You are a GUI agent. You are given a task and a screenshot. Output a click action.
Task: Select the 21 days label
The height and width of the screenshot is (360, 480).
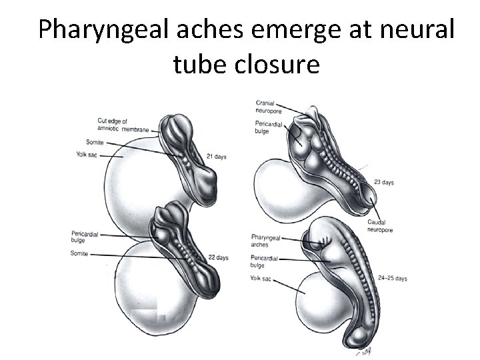(216, 157)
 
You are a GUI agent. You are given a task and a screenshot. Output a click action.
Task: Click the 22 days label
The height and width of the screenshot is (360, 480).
(218, 258)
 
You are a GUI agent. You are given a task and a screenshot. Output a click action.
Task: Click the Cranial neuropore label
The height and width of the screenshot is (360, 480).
(269, 107)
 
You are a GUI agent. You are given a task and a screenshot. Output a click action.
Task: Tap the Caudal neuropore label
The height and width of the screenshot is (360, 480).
(379, 226)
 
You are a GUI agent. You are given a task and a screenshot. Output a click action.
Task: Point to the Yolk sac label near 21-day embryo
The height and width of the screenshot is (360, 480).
(87, 155)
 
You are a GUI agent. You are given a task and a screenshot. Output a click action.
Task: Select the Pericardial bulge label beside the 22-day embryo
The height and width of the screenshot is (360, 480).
(83, 237)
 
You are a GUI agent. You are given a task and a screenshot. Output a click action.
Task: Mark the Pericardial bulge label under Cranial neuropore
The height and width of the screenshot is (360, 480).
(268, 127)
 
